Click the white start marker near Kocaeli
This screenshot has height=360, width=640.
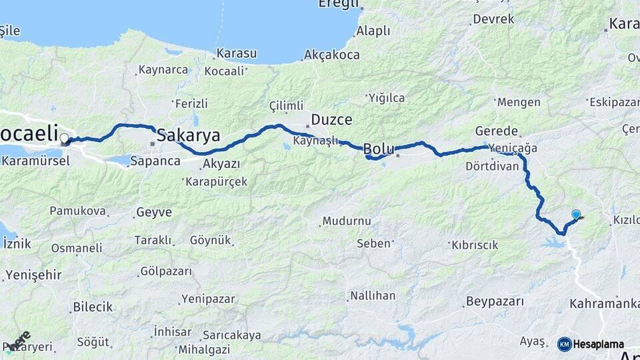(x=65, y=139)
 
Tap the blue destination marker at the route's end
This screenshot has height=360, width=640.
(x=576, y=215)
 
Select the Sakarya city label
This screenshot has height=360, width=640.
(x=188, y=136)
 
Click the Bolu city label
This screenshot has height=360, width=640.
(x=379, y=149)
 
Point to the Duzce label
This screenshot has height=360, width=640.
(x=331, y=121)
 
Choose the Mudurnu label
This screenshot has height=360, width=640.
(x=345, y=221)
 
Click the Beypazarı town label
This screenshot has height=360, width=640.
(x=495, y=301)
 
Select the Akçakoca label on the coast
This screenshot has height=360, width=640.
(x=331, y=55)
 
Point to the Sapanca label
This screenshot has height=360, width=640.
(x=155, y=161)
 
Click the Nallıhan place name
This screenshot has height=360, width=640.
(x=373, y=295)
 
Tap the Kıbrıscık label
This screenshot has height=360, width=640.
(x=475, y=245)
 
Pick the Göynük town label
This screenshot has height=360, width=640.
(x=210, y=240)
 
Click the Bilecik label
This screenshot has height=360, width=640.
(x=93, y=307)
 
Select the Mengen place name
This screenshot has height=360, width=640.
(x=518, y=102)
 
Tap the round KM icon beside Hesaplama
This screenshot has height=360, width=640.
(x=565, y=344)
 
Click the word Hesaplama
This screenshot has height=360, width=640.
(x=598, y=345)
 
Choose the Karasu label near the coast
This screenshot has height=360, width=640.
(x=236, y=53)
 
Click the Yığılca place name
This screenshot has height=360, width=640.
(x=386, y=98)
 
